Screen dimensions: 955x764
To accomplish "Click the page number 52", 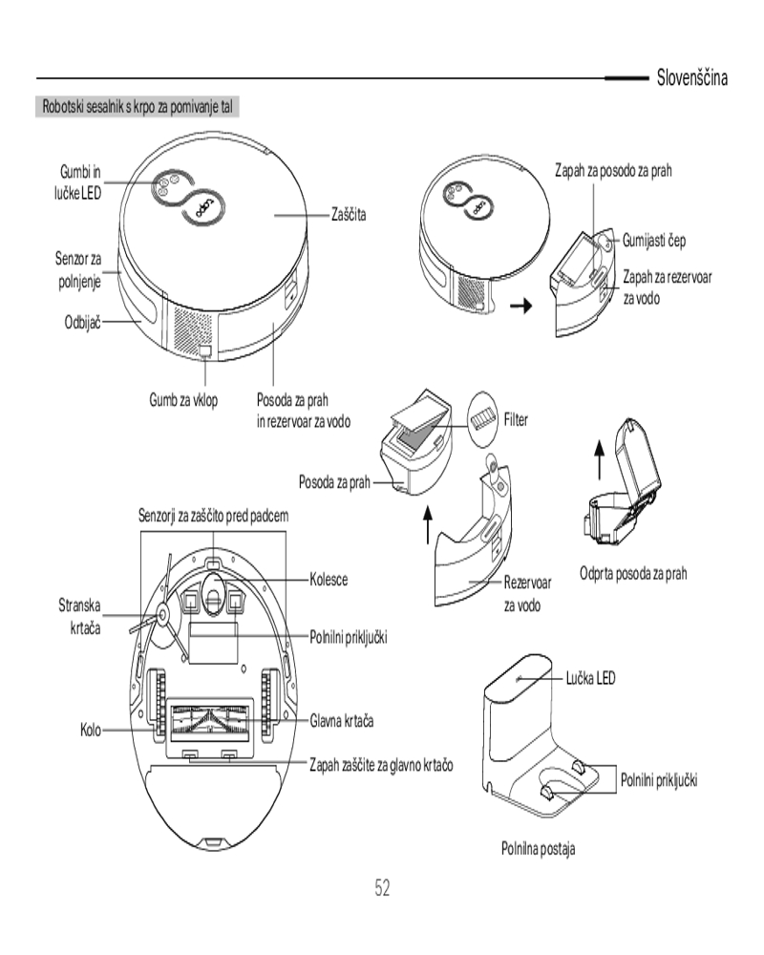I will click(x=382, y=889).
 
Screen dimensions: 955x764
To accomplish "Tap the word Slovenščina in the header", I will click(x=691, y=77).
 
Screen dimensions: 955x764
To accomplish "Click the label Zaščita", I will click(x=349, y=216).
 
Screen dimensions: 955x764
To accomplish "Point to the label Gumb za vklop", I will click(x=182, y=399).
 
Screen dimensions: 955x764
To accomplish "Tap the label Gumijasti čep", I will click(x=654, y=240).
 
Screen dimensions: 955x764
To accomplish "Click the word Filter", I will click(x=515, y=419).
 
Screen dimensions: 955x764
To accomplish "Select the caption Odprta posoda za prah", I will click(x=633, y=574).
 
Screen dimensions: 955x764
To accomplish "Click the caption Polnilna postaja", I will click(x=539, y=847).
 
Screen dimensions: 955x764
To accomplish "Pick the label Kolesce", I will click(x=329, y=579).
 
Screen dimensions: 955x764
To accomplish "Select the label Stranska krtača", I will click(x=79, y=615).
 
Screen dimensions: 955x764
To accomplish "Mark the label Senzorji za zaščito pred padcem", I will click(x=214, y=516).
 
